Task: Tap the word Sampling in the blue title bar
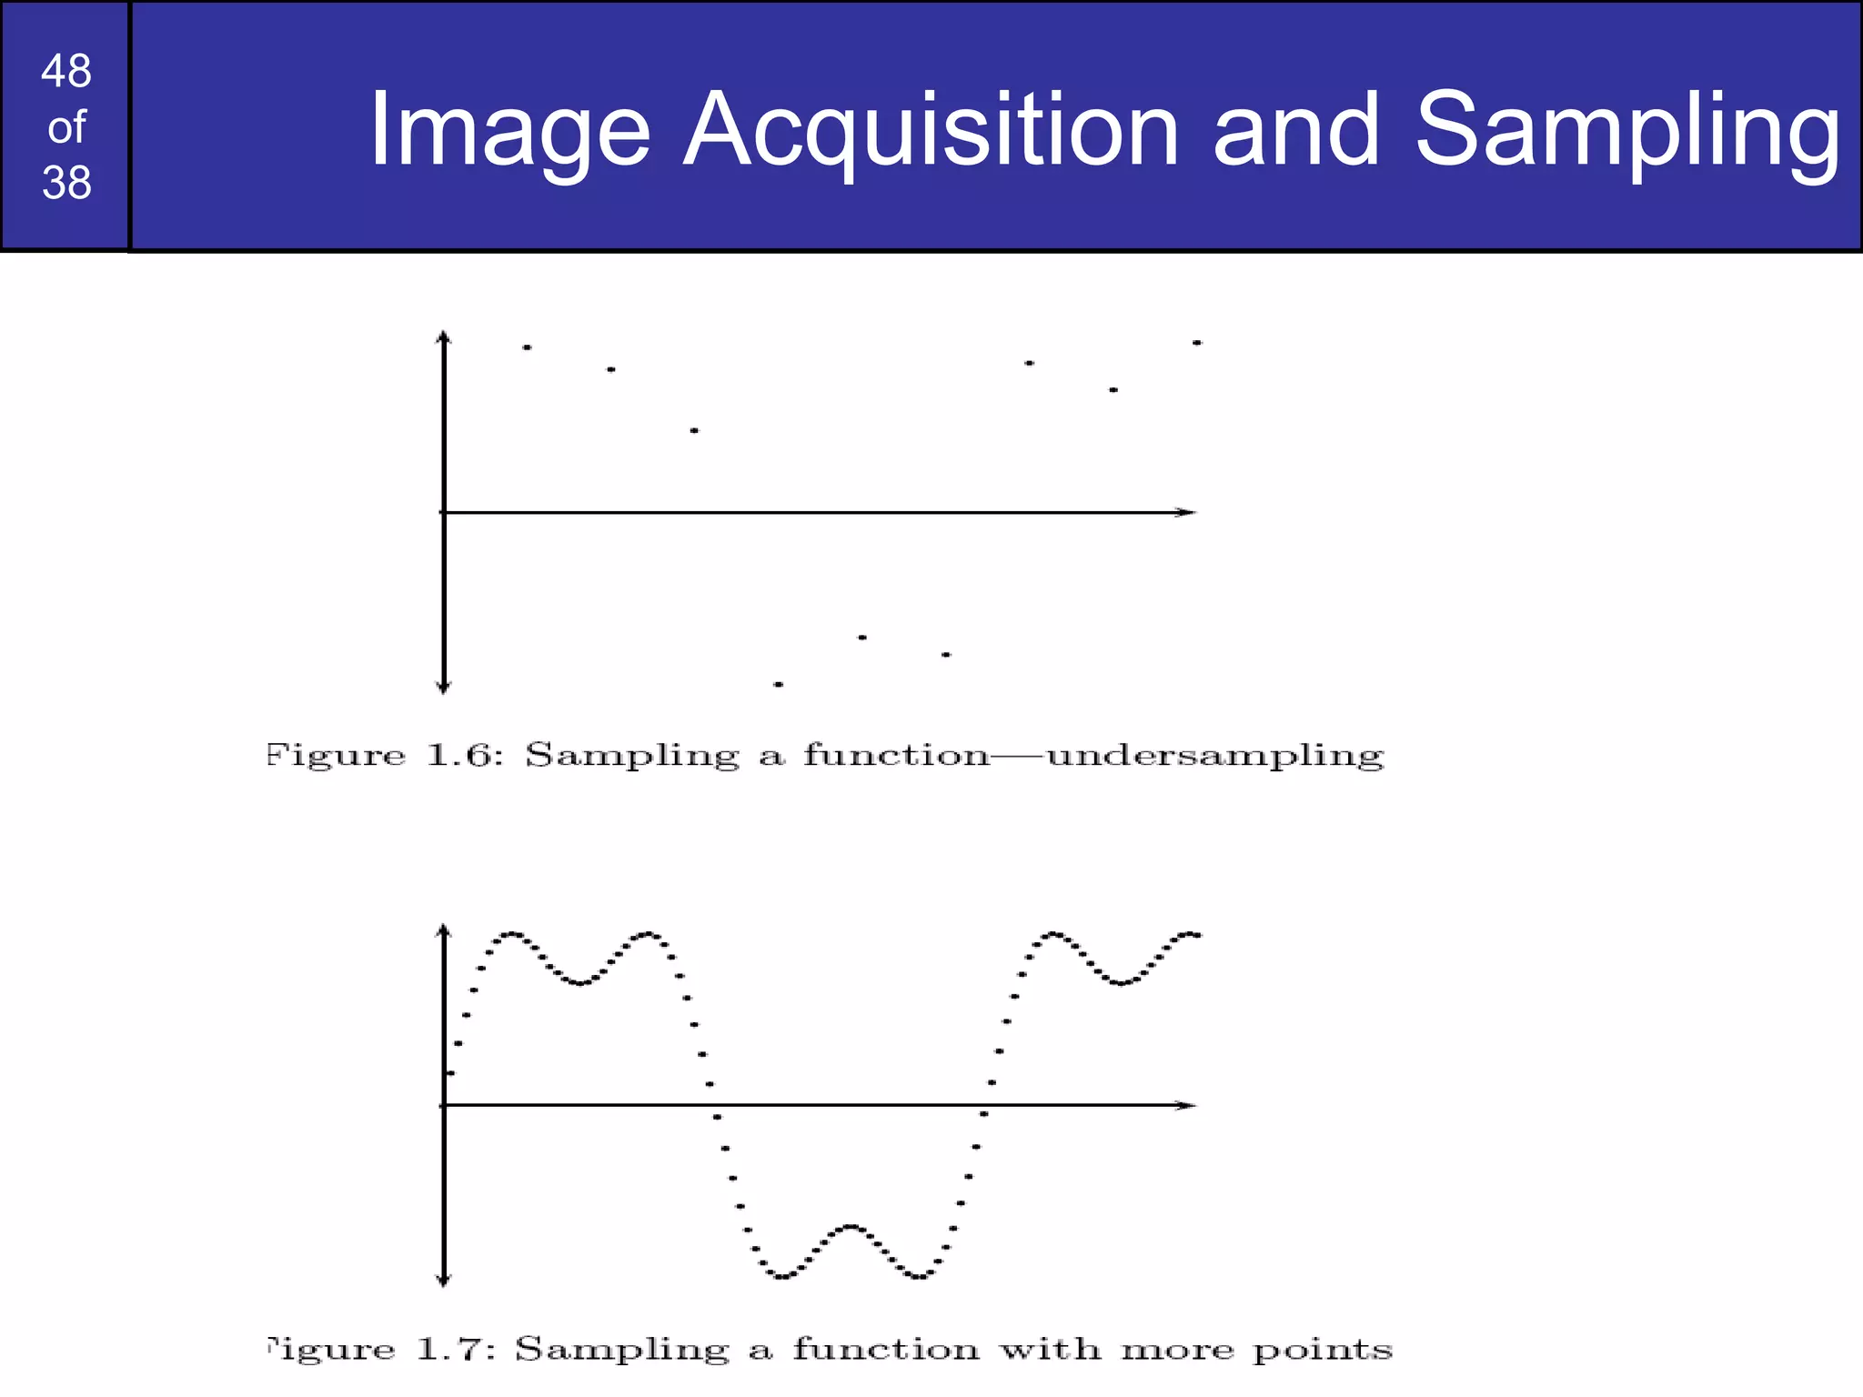[1626, 132]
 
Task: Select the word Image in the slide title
[509, 132]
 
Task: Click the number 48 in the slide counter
[66, 71]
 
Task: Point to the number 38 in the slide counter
[66, 183]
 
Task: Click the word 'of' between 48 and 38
[66, 127]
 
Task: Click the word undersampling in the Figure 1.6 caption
[1215, 757]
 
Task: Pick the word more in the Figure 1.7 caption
[1177, 1349]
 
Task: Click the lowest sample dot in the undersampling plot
[778, 684]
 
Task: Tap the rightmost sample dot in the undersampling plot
[1197, 343]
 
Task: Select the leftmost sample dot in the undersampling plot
[527, 347]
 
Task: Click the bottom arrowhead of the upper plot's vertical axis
[444, 687]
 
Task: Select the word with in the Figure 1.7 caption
[1050, 1348]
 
